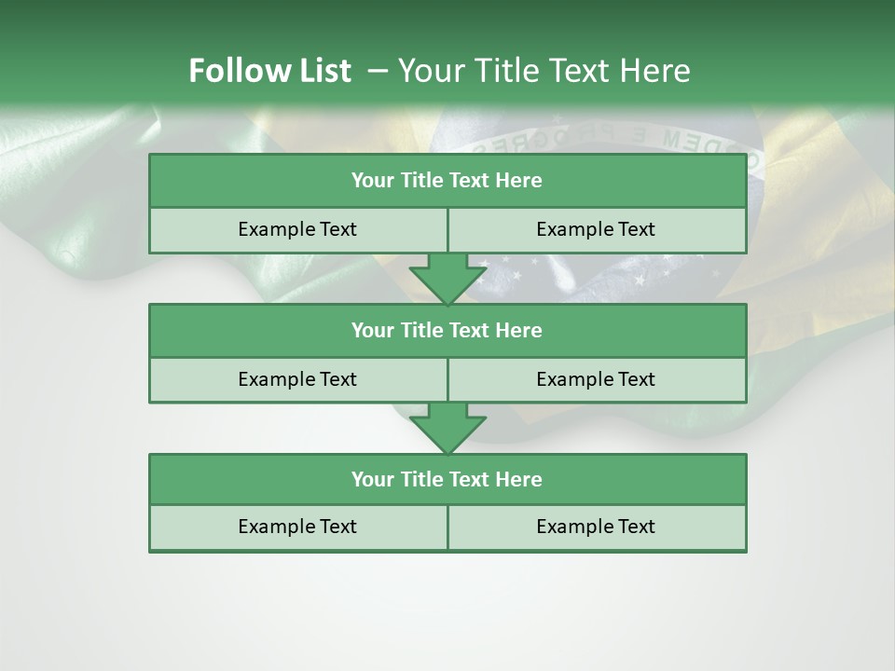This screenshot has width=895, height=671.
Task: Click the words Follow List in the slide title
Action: (269, 71)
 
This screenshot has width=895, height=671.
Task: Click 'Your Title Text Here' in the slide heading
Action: (544, 71)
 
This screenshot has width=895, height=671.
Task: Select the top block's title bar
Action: (447, 181)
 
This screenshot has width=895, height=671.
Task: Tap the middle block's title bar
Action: (447, 330)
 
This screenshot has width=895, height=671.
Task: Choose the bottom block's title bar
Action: (447, 479)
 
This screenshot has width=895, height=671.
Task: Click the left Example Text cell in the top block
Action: (297, 229)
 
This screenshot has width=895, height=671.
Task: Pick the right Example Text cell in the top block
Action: (596, 229)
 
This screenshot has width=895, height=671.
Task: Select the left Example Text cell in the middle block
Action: (297, 379)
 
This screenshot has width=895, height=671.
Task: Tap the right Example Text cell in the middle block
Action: (596, 379)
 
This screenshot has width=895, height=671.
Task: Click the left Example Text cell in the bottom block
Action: (297, 527)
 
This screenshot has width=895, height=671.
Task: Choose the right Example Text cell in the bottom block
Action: (596, 527)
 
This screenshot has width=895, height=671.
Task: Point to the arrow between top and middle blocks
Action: (447, 279)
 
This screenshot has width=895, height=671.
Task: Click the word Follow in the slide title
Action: (231, 71)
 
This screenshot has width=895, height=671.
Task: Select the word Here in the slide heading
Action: (658, 71)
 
